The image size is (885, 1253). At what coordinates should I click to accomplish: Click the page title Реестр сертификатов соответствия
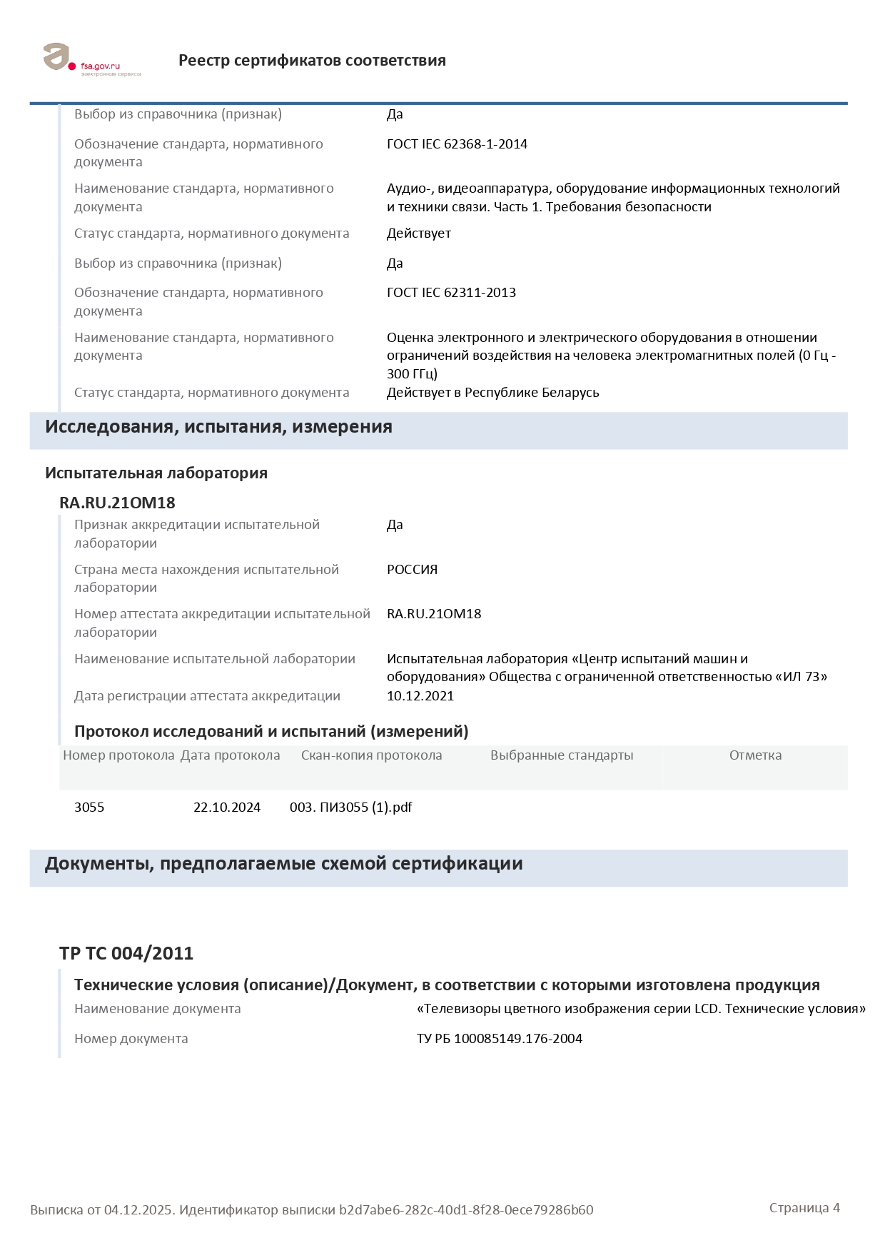[x=312, y=61]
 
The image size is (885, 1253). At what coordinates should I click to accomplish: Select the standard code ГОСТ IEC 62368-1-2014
[x=457, y=144]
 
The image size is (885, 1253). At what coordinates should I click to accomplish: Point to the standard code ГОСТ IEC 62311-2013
[x=451, y=293]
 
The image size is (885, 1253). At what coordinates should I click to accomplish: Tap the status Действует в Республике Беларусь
[x=492, y=393]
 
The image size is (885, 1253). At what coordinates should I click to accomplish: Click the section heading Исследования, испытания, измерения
[x=218, y=427]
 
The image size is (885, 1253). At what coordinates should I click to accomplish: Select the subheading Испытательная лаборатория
[x=156, y=473]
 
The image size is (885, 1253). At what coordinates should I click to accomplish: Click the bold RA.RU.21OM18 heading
[x=117, y=503]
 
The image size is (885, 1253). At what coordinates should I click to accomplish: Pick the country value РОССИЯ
[x=412, y=570]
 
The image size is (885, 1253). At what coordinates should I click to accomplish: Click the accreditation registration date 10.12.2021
[x=420, y=696]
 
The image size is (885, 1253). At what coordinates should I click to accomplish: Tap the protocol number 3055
[x=89, y=807]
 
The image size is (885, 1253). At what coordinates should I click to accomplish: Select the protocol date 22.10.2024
[x=227, y=807]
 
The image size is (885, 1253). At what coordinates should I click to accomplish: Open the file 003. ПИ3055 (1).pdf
[x=350, y=807]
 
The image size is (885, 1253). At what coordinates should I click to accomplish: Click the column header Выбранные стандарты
[x=562, y=755]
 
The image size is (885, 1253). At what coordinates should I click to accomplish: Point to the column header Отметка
[x=755, y=755]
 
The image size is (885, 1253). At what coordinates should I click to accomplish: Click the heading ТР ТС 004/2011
[x=126, y=954]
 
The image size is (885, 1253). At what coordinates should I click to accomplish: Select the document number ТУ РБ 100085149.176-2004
[x=500, y=1039]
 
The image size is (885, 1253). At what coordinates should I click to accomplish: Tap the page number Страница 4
[x=804, y=1208]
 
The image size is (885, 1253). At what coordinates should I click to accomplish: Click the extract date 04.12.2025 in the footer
[x=138, y=1210]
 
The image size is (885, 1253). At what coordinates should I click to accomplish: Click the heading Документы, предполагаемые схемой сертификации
[x=283, y=864]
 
